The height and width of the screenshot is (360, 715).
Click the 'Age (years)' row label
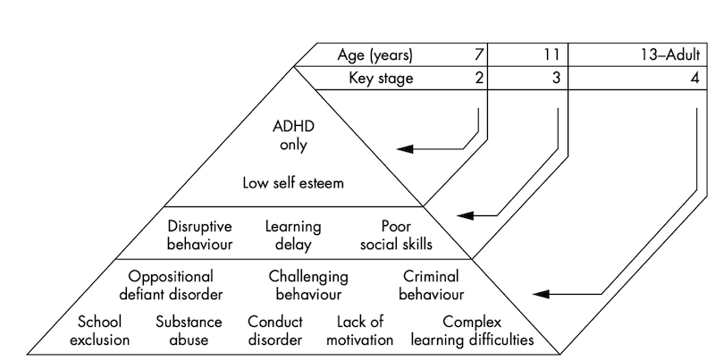click(375, 55)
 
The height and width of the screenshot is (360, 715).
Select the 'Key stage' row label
click(382, 78)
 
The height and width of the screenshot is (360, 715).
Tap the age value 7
click(480, 55)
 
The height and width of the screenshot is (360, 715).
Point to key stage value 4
click(694, 78)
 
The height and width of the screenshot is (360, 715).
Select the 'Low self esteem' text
click(294, 184)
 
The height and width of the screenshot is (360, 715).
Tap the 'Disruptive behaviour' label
click(201, 235)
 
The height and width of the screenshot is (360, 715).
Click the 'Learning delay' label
click(293, 235)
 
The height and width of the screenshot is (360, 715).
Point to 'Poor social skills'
click(396, 235)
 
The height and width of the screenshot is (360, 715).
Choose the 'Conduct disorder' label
click(275, 331)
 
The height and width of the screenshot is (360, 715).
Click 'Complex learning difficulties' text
click(472, 331)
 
